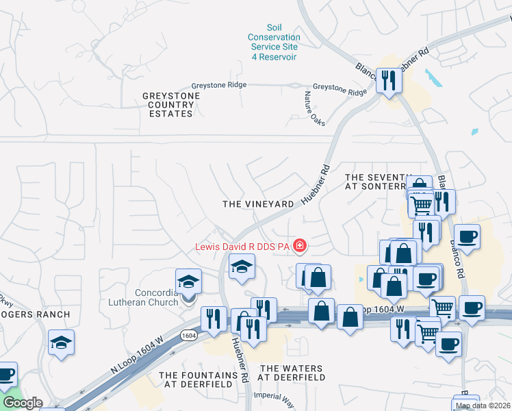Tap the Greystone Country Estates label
click(171, 105)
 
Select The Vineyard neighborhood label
click(258, 204)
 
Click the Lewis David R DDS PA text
click(243, 246)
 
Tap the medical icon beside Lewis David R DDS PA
click(299, 245)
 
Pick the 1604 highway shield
click(188, 335)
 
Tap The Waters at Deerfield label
click(292, 373)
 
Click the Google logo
click(23, 403)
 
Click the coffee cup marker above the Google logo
click(5, 374)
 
